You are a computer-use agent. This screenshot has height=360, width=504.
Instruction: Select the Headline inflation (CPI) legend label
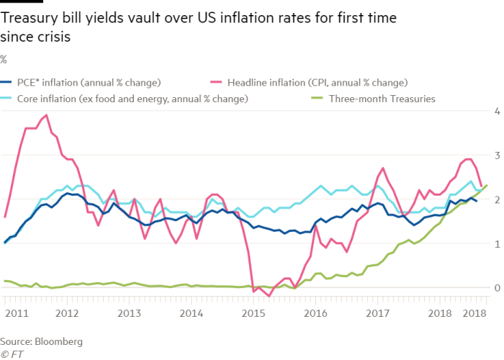pos(318,82)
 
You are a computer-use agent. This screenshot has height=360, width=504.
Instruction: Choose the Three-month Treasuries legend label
pos(382,99)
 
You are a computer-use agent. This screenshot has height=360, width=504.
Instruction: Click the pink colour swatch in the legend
pos(214,82)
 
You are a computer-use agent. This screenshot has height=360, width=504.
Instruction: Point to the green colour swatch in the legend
pos(315,99)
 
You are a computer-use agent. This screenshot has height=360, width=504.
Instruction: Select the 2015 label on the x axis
pos(252,314)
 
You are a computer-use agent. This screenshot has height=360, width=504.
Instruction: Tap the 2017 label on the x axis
pos(376,314)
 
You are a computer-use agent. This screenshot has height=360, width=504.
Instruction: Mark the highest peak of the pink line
pos(47,114)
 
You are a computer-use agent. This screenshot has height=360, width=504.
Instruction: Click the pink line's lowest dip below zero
pos(269,295)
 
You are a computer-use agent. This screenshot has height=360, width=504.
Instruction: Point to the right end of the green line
pos(488,185)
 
